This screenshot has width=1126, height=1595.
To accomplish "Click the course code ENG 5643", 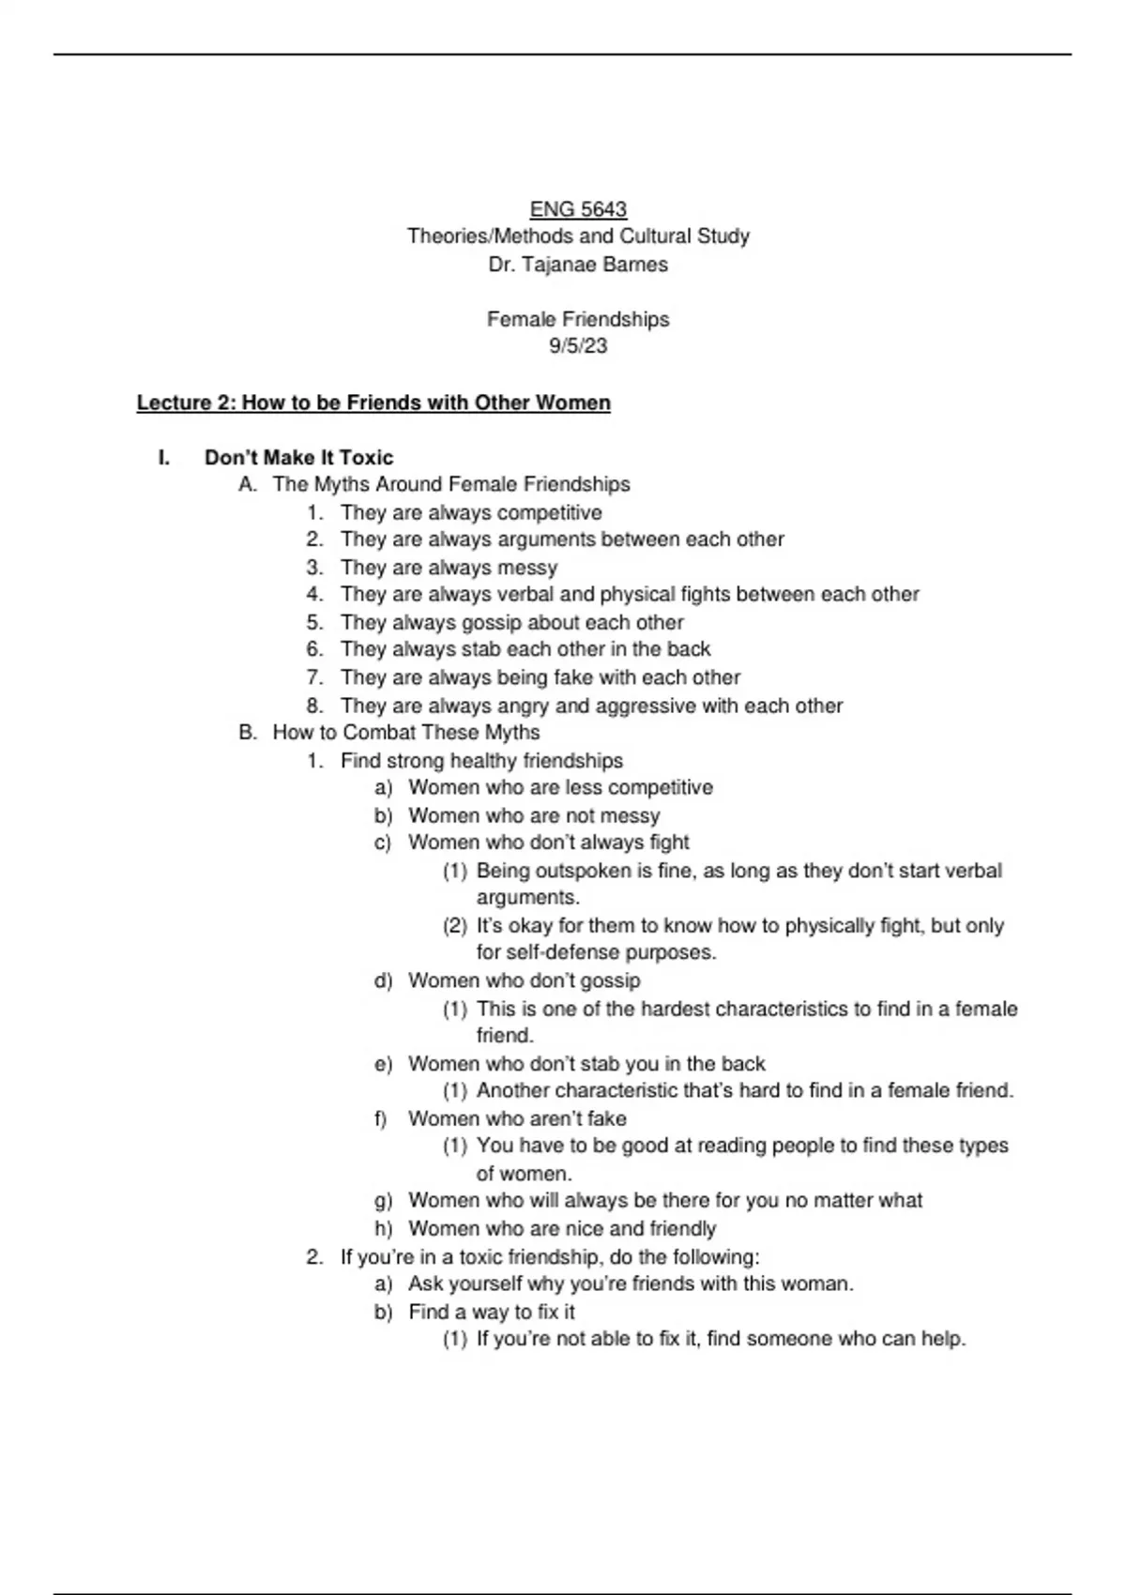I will click(578, 209).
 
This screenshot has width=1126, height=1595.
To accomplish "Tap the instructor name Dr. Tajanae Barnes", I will click(578, 265).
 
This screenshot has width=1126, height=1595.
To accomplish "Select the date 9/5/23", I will click(578, 346).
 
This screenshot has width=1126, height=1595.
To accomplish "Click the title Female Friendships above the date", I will click(578, 320).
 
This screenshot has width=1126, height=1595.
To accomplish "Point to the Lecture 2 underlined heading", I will click(373, 403).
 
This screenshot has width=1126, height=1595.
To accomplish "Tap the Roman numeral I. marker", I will click(165, 458).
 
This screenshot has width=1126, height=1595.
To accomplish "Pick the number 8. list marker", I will click(315, 706).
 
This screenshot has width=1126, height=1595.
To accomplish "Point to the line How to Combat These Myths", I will click(406, 733).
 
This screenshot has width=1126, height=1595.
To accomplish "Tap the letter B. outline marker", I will click(248, 733).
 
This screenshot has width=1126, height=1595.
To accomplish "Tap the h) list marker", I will click(383, 1229).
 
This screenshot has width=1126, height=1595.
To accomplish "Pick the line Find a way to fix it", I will click(492, 1313).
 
